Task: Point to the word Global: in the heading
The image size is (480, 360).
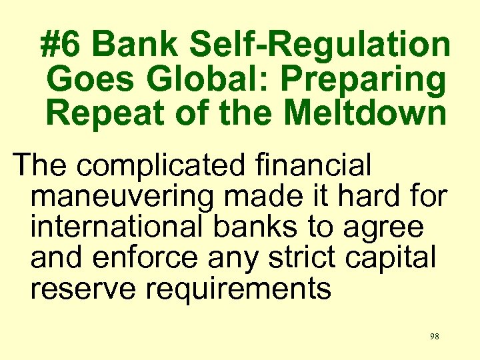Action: click(x=203, y=79)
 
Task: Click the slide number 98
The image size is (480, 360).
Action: click(x=434, y=337)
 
